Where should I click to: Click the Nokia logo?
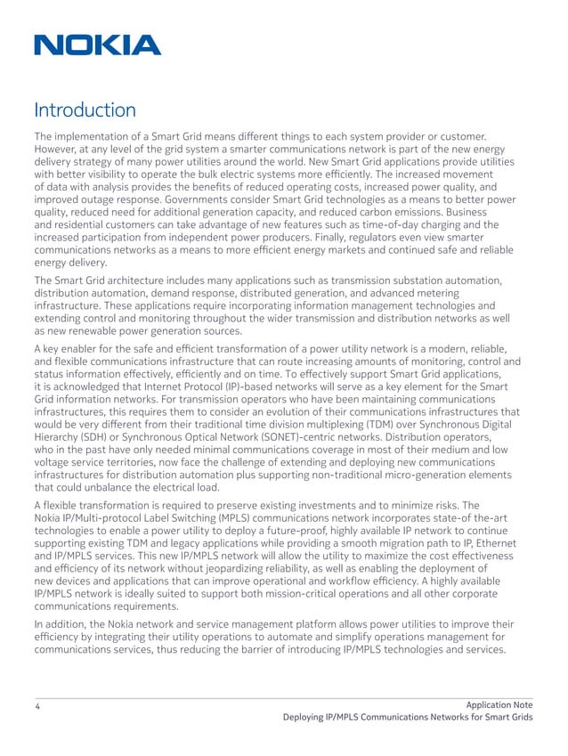click(x=98, y=45)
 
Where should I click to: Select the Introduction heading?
click(x=85, y=111)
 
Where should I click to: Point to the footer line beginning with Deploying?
click(x=407, y=719)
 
